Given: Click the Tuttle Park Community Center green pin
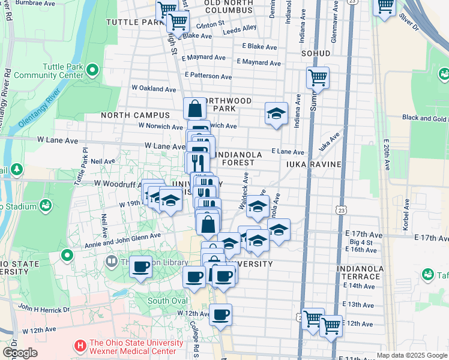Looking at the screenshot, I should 92,71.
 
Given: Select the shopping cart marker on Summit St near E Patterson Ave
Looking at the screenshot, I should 318,77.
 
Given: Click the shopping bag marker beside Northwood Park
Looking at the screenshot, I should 195,109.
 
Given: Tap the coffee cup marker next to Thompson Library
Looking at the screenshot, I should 140,267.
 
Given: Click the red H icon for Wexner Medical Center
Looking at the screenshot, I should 80,346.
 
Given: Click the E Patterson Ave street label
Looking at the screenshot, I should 208,76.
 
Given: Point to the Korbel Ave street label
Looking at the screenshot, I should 406,212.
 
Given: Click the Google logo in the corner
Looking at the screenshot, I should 20,353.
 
